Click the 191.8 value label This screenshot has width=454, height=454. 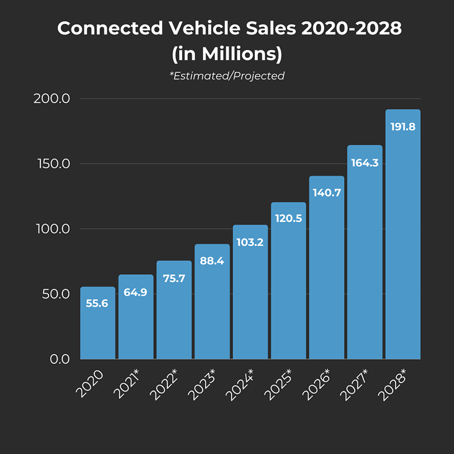[403, 127]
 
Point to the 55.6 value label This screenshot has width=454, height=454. [97, 304]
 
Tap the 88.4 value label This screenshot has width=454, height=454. [212, 261]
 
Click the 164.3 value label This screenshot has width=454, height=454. [365, 162]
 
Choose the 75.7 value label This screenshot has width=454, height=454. [174, 278]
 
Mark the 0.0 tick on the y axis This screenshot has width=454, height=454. [58, 359]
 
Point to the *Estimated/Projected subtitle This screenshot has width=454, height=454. [227, 75]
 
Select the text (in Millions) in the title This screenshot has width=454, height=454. [227, 54]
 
